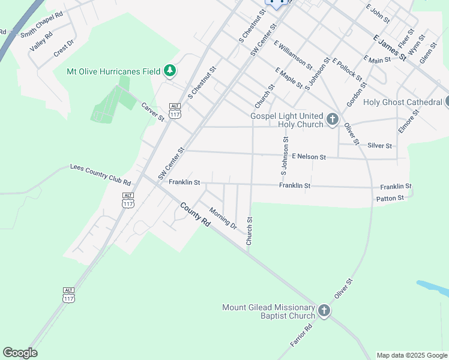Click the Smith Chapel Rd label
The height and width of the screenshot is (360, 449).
coord(41,24)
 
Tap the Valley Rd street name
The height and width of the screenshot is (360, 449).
coord(41,42)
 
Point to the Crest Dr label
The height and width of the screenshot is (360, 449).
coord(64,47)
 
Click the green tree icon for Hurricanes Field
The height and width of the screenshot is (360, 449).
coord(170,71)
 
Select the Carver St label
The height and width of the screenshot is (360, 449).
coord(152,112)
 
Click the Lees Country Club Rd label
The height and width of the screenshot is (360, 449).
coord(100,173)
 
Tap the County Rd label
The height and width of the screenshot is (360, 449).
coord(196,215)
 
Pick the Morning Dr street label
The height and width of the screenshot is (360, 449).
coord(223,217)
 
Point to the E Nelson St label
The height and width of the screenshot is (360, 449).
coord(309,157)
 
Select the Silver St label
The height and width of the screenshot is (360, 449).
coord(379,146)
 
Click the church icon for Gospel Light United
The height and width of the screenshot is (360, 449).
coord(333,120)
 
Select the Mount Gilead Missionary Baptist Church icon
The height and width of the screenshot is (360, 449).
coord(324,311)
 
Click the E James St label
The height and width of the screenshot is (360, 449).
coord(390,47)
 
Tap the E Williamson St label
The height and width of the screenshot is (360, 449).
coord(293,54)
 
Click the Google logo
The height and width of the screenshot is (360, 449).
coord(20,353)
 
